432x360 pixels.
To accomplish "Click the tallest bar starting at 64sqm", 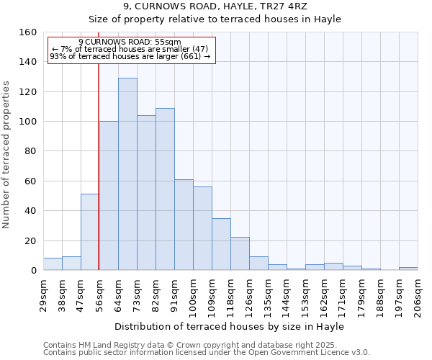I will coord(127,174).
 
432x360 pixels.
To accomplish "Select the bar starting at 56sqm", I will coord(109,196).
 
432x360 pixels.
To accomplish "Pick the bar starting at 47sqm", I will coord(90,232).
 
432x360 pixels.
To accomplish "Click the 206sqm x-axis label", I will coord(418,295).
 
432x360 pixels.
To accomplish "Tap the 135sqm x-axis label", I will coord(268,295).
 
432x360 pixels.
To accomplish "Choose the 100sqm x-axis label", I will coord(193,295).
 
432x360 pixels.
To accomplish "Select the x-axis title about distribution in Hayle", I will coord(229,326).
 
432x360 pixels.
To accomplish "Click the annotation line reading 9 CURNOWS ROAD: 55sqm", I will coord(130,42).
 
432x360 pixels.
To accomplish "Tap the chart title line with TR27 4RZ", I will coord(215,6).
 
